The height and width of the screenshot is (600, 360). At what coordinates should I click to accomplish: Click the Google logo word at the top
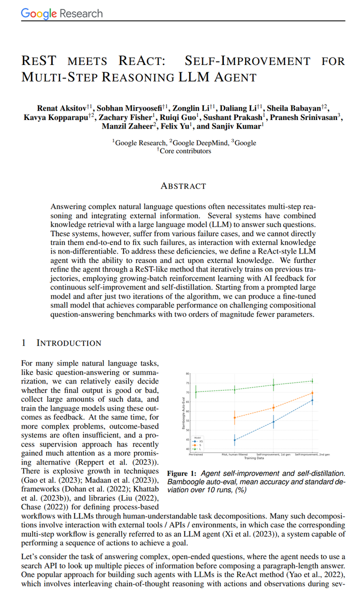(x=39, y=13)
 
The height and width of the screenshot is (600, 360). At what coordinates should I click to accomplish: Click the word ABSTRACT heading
(x=182, y=186)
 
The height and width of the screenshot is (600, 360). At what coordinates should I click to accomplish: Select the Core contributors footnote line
(x=184, y=151)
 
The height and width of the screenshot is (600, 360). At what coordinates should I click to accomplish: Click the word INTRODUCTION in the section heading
(x=69, y=343)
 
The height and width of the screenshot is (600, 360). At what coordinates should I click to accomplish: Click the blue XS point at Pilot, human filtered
(x=234, y=440)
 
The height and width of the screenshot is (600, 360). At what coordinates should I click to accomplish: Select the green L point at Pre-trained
(x=195, y=391)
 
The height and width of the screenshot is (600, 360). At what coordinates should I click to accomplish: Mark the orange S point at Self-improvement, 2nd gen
(x=312, y=393)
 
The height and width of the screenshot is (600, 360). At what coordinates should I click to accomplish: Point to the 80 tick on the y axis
(x=188, y=373)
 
